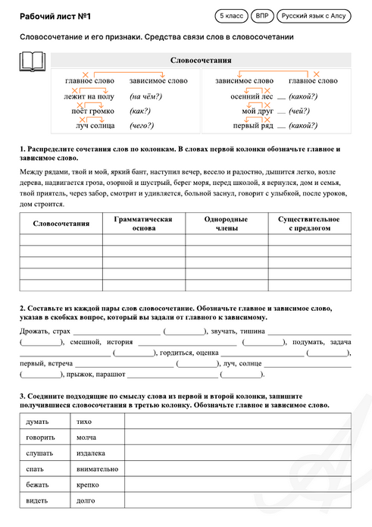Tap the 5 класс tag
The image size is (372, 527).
point(232,15)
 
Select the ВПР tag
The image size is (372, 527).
point(261,15)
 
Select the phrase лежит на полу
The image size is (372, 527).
point(89,97)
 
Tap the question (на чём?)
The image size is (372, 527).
point(145,97)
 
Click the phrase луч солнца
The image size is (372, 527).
point(89,126)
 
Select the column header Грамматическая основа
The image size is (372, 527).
point(143,223)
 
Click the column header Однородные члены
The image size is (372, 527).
point(226,223)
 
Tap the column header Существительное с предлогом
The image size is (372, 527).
point(308,223)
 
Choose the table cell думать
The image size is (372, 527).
point(38,421)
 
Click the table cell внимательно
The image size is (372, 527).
point(97,469)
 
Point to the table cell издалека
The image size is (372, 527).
point(91,453)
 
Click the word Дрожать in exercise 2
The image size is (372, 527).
point(34,331)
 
